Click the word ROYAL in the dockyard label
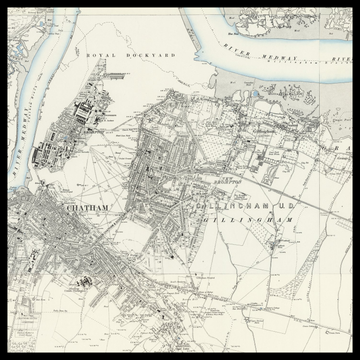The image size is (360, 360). point(98,55)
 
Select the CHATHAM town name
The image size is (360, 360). point(84,207)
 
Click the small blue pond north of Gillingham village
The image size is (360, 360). point(255,97)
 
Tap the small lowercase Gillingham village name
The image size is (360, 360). point(263,129)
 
